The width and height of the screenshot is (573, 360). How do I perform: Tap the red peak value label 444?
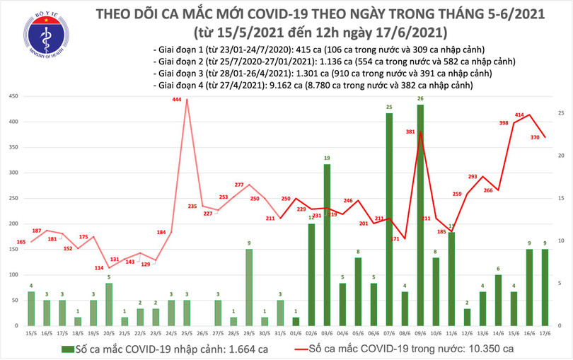pyautogui.click(x=177, y=100)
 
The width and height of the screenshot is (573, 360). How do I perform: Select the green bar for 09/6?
pyautogui.click(x=420, y=215)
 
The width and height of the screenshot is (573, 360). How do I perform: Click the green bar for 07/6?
pyautogui.click(x=389, y=219)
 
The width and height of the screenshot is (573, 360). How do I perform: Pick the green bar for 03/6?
pyautogui.click(x=327, y=245)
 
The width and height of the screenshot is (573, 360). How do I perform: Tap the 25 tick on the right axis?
pyautogui.click(x=560, y=113)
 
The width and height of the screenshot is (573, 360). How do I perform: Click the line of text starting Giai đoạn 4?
pyautogui.click(x=312, y=85)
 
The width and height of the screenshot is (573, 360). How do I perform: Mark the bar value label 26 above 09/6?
pyautogui.click(x=420, y=98)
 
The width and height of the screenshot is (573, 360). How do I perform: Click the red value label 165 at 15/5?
pyautogui.click(x=21, y=243)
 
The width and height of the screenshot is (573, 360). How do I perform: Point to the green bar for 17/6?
pyautogui.click(x=544, y=287)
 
